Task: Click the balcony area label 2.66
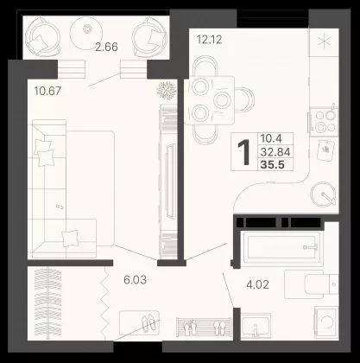pos(106,47)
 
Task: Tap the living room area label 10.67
pos(47,92)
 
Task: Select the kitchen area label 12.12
pos(209,40)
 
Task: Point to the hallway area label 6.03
pos(135,280)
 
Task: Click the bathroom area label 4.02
pos(258,284)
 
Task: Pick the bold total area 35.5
pos(272,165)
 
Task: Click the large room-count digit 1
pos(244,152)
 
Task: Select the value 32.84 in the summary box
pos(275,151)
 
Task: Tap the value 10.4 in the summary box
pos(271,138)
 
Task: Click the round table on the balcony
pos(86,34)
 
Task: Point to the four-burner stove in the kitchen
pos(325,121)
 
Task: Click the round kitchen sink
pos(323,194)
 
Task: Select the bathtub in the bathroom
pos(282,247)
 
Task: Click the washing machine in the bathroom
pos(326,322)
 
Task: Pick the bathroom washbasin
pos(256,326)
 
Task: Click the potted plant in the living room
pos(167,90)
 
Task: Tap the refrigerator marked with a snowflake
pos(324,42)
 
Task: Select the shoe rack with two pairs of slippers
pos(204,327)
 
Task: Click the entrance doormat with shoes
pos(139,322)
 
